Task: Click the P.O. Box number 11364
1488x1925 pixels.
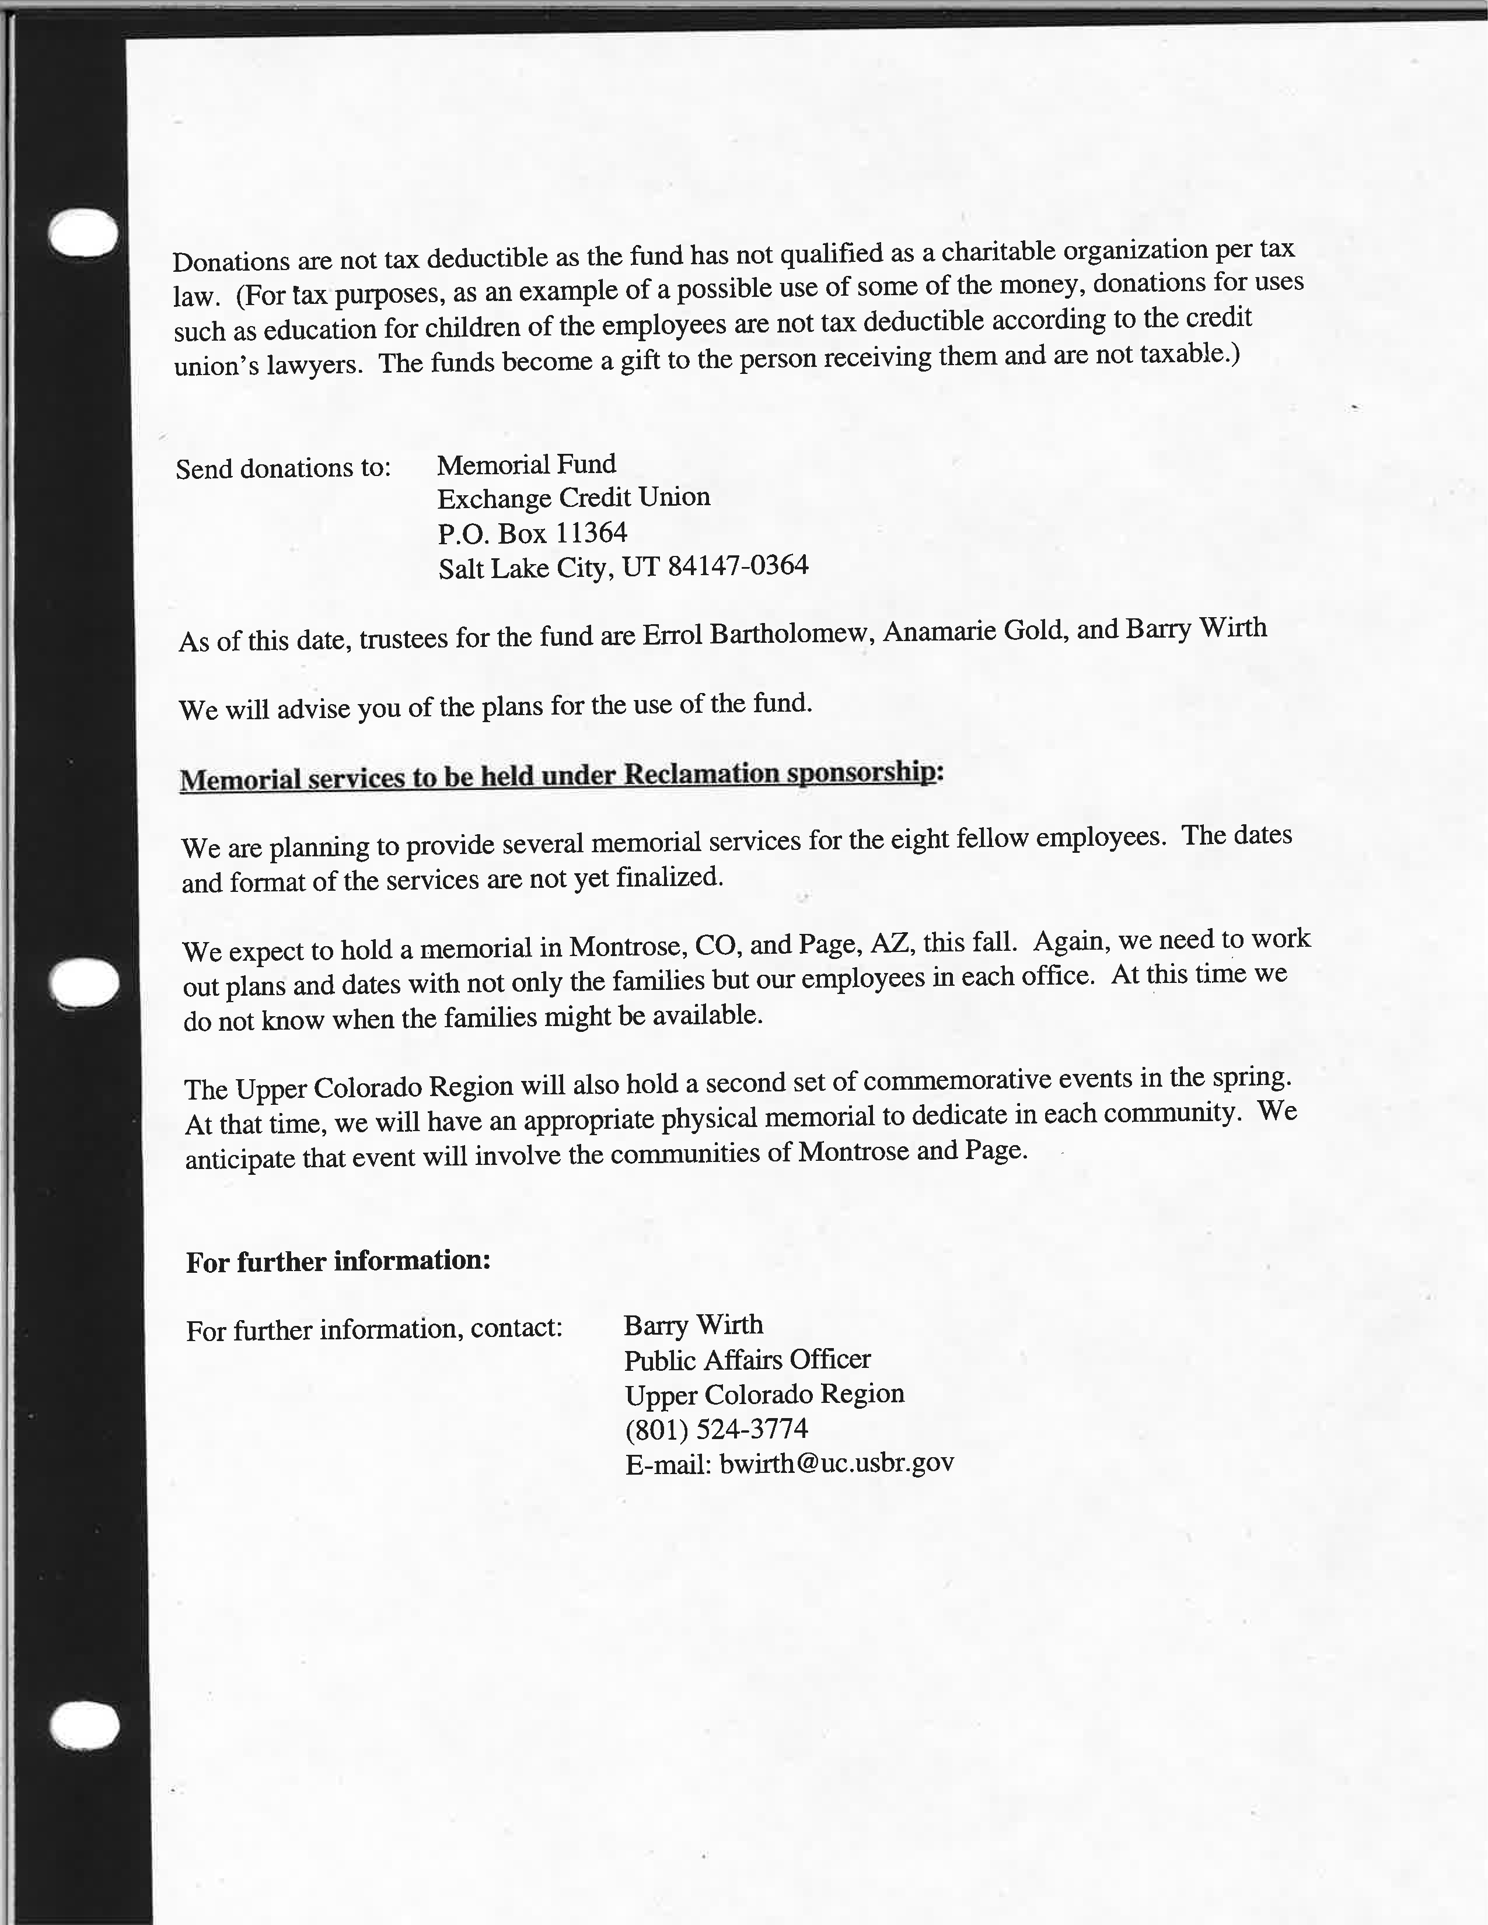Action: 592,533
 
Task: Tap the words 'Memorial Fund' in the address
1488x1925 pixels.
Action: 526,464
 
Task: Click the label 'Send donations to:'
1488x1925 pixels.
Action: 283,468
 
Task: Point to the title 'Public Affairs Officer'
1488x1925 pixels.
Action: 748,1360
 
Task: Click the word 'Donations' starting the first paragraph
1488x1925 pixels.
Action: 231,262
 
